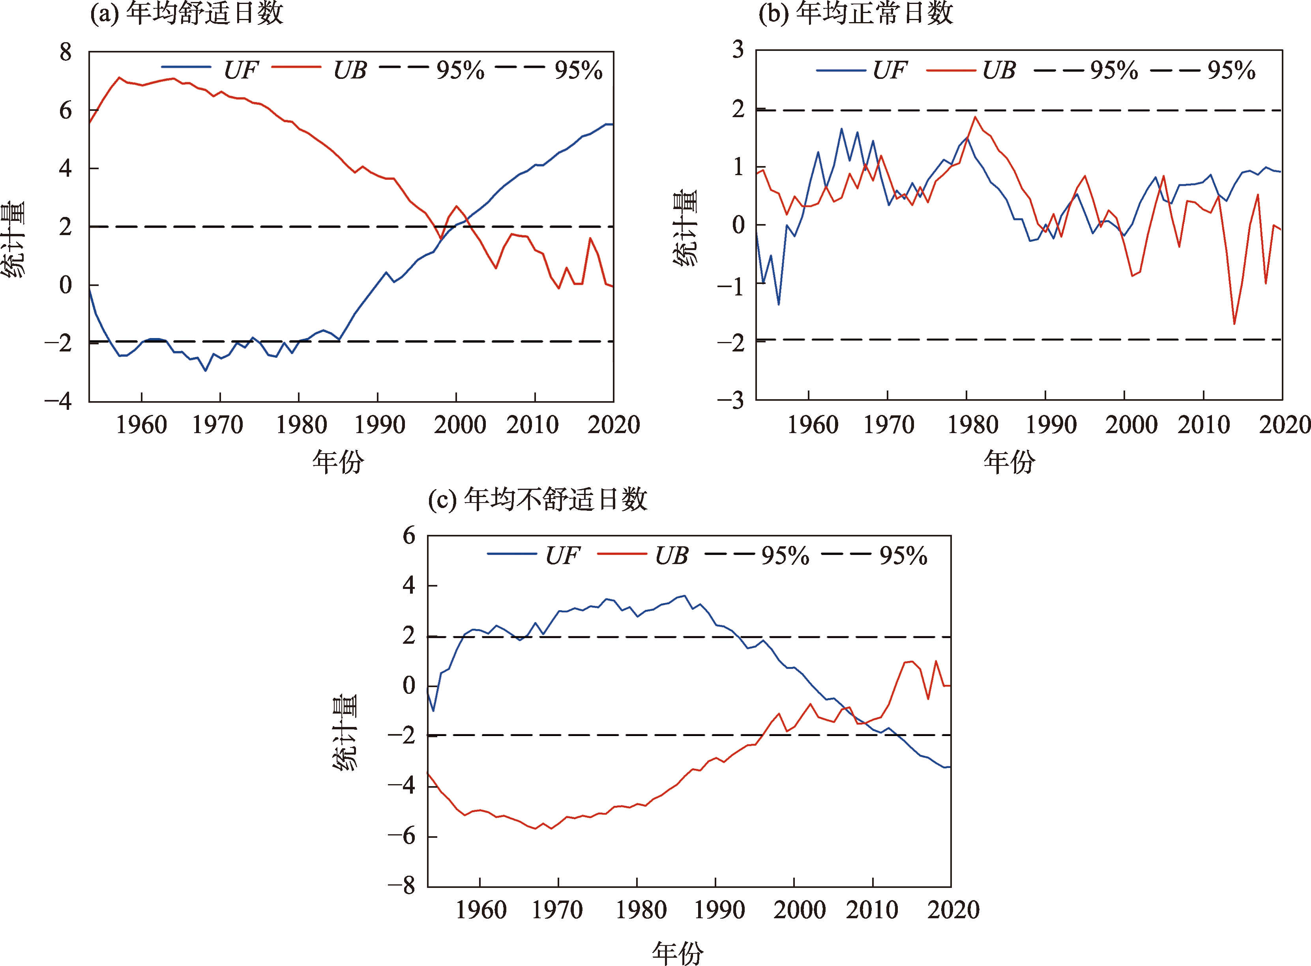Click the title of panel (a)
pos(186,13)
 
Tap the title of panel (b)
pos(855,13)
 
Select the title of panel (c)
pos(538,499)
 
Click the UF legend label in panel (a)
pos(240,70)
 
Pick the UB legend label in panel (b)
pos(998,70)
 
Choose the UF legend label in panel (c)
pos(562,555)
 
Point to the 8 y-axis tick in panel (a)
pos(66,52)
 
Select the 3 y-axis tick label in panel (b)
pos(738,50)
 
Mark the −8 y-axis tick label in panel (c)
pos(401,886)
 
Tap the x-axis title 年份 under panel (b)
pos(1009,462)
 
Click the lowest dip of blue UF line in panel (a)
pos(205,370)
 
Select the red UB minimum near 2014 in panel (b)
pos(1234,323)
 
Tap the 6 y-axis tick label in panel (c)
pos(409,536)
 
